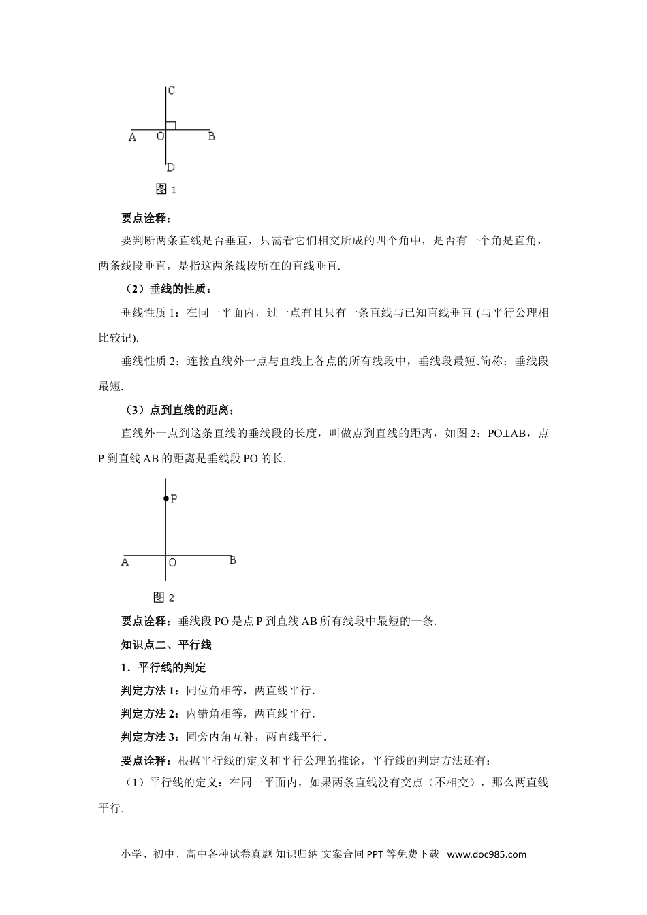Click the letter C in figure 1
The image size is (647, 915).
click(x=172, y=90)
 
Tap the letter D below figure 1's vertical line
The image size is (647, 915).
click(x=171, y=167)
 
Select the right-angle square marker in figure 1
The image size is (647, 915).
click(x=172, y=125)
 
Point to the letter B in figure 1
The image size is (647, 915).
click(x=211, y=136)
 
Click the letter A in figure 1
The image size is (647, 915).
click(x=132, y=137)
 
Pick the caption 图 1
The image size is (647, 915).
click(x=166, y=189)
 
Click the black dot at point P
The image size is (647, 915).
click(x=165, y=499)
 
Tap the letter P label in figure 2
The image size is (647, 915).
click(x=174, y=499)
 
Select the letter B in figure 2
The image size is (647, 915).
click(x=232, y=560)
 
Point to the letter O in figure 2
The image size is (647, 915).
click(x=172, y=562)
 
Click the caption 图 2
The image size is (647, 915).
click(x=164, y=598)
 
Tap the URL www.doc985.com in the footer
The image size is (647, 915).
click(x=487, y=854)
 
